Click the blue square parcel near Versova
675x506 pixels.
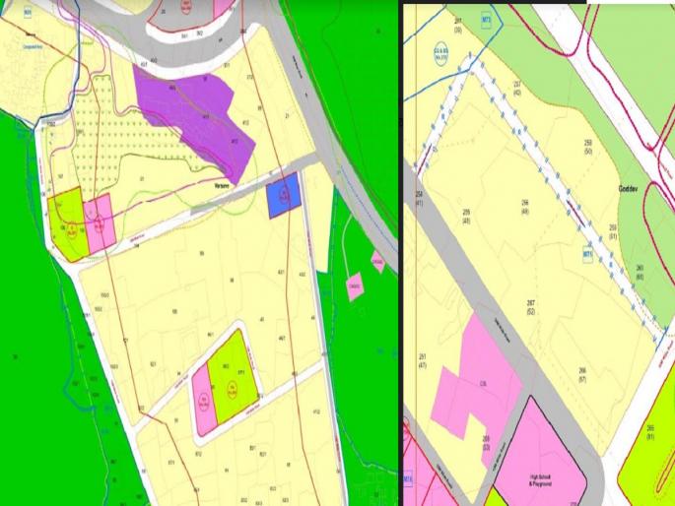pos(283,196)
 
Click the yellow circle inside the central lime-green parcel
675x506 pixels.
pos(234,389)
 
